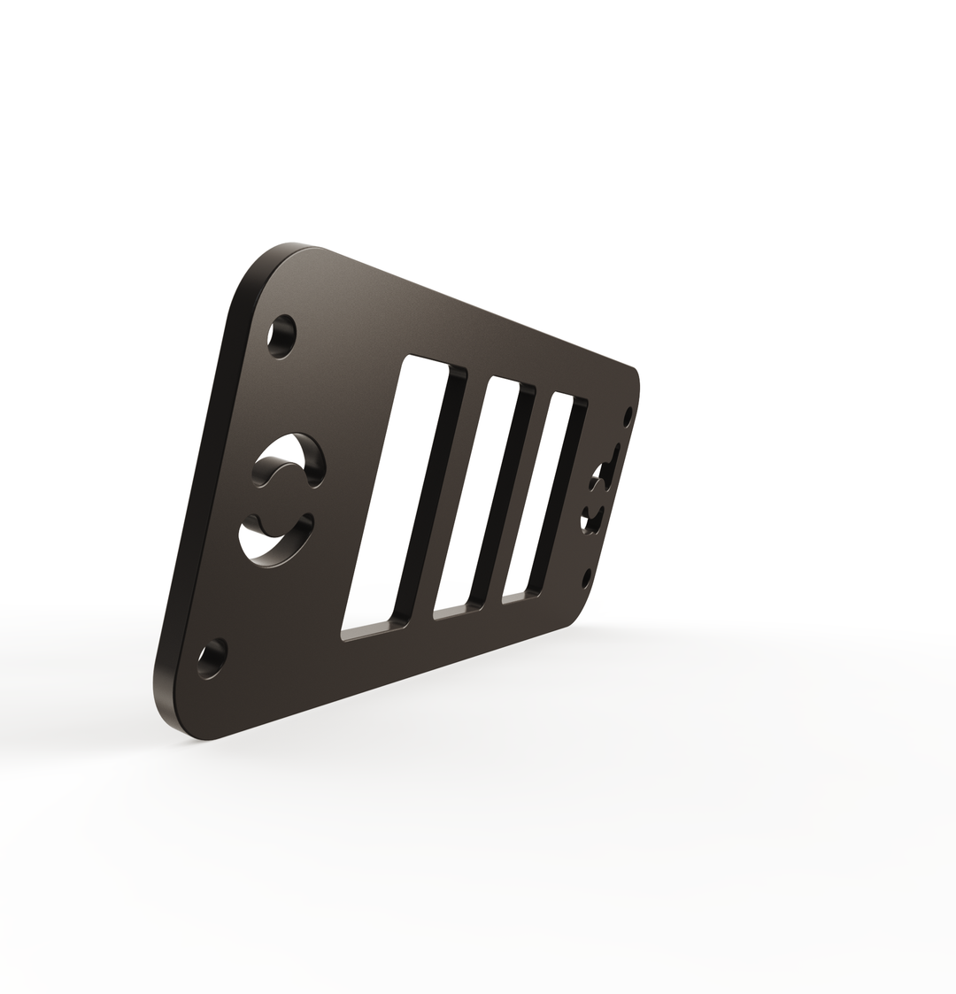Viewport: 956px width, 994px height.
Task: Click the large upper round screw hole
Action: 281,335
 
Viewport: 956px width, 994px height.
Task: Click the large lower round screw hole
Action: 212,659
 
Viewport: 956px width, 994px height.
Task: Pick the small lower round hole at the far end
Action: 586,578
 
